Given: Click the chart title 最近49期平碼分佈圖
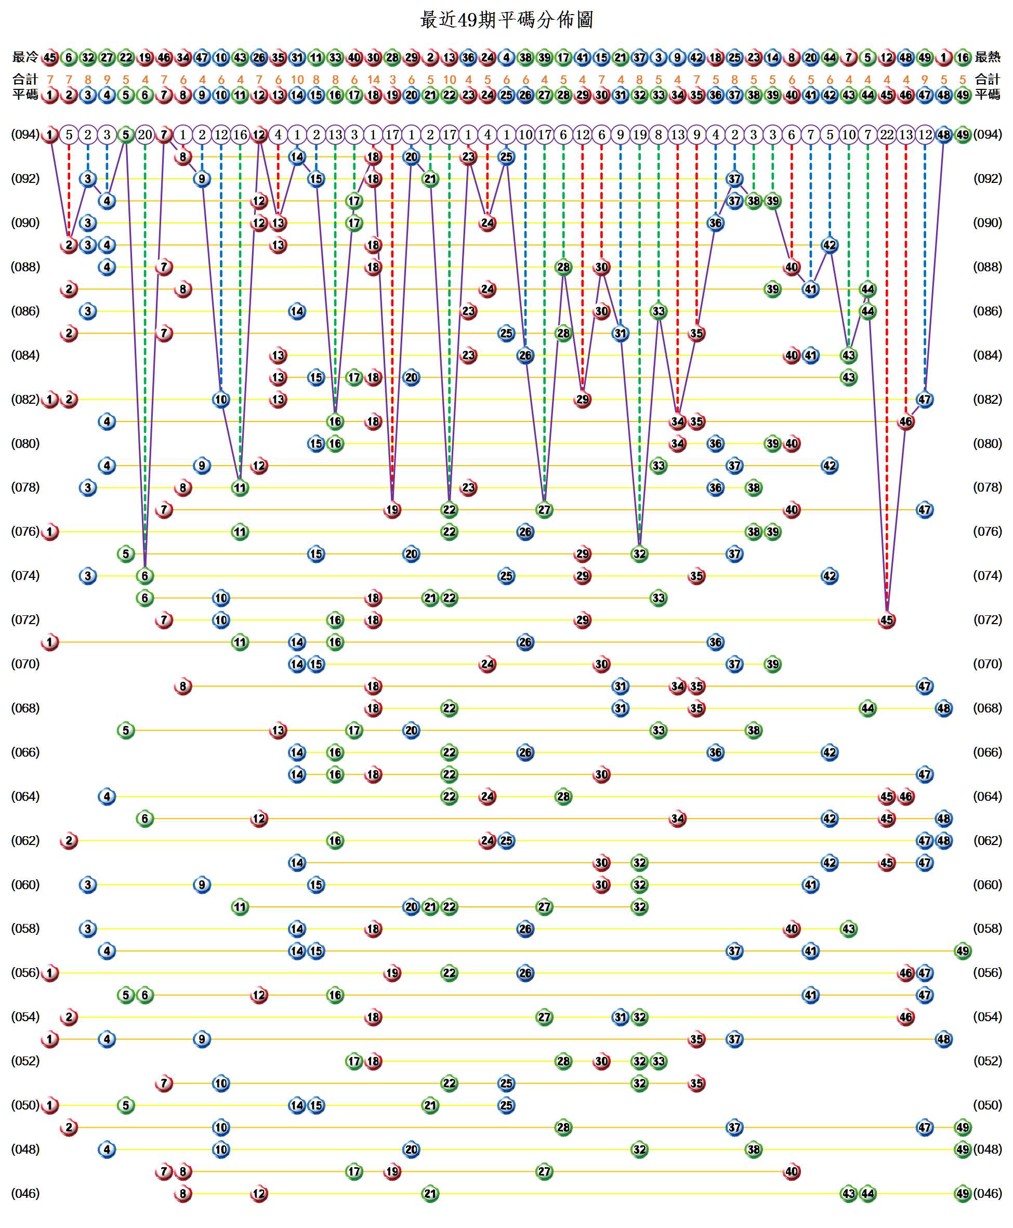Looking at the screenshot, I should pos(506,20).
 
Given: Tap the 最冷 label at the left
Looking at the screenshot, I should pos(25,57).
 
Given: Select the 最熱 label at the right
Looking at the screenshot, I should pos(988,57).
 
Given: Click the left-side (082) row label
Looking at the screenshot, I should pos(25,400).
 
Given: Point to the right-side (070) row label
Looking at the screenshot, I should pos(988,664).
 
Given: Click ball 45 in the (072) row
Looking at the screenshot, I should pos(886,619).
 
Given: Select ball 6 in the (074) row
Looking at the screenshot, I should pos(144,576).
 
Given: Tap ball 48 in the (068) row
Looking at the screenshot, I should pos(943,708).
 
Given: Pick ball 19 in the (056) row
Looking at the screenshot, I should pos(392,972).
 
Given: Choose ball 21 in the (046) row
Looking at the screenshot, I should pos(430,1193).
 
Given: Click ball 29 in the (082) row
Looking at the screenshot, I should pos(582,400).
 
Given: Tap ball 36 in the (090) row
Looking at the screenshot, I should pos(715,223).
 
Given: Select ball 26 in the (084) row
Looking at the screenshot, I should pos(525,355).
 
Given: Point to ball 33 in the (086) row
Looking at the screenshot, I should pos(658,311).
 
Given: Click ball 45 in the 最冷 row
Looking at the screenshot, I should pos(50,57).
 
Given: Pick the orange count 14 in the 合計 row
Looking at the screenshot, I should pos(374,80).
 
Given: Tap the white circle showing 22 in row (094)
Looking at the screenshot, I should pos(886,135).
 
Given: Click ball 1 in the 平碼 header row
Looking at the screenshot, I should pos(50,95).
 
